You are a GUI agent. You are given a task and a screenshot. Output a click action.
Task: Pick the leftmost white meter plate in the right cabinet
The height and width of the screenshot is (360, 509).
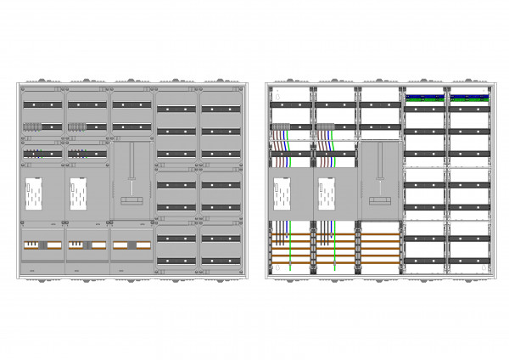click(282, 195)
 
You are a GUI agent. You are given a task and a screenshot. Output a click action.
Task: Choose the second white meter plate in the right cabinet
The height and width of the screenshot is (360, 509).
click(326, 195)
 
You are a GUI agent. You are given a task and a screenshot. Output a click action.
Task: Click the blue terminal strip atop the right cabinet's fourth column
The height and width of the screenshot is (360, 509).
click(426, 97)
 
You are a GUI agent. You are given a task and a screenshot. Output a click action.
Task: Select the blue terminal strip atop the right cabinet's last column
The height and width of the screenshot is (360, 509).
click(470, 97)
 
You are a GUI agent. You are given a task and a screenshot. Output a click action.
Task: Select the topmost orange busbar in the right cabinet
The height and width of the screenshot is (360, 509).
click(337, 226)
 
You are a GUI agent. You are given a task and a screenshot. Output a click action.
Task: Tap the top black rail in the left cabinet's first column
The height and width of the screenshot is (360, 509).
click(42, 104)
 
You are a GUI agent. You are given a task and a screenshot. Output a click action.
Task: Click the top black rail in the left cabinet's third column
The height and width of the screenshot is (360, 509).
click(131, 104)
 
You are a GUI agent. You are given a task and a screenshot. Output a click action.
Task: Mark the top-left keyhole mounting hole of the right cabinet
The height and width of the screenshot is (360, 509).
click(271, 88)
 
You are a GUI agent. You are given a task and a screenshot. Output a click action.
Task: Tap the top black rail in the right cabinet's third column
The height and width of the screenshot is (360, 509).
click(380, 104)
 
